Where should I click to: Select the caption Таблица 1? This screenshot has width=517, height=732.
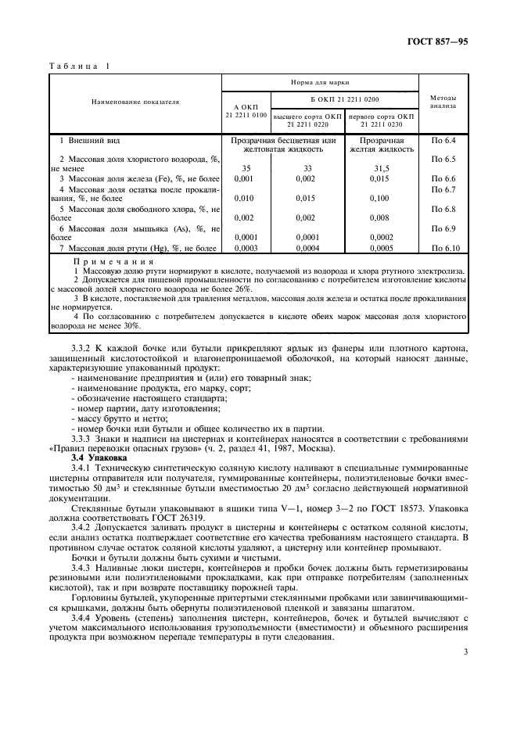(x=79, y=66)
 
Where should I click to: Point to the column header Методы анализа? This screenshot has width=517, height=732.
(x=443, y=102)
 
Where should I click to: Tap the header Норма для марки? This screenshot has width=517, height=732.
(x=320, y=81)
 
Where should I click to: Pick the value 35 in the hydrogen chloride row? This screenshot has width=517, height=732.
(x=246, y=167)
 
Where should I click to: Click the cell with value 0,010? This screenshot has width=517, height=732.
(x=246, y=199)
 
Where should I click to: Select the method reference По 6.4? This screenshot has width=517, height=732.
(x=443, y=140)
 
